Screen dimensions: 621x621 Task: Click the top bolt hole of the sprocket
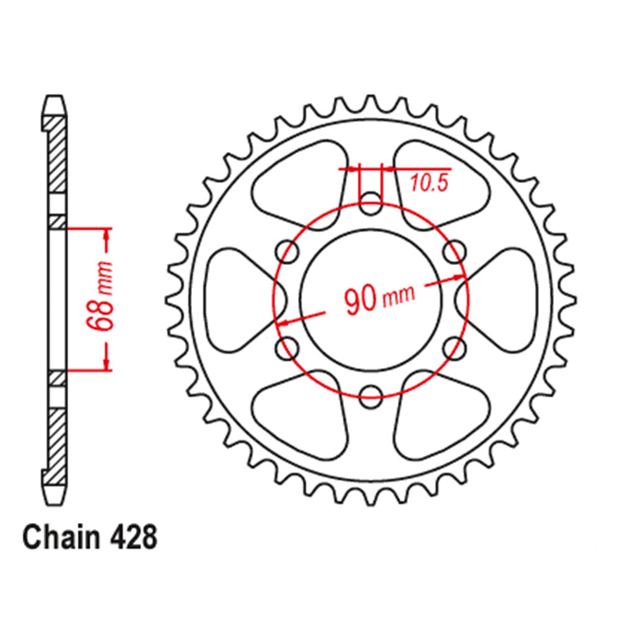371,200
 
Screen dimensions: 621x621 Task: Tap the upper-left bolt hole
287,250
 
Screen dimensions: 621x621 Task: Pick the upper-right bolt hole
455,250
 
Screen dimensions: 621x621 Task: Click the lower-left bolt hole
287,347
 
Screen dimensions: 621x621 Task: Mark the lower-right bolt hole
455,347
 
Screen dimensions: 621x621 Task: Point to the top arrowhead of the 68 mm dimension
107,233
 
